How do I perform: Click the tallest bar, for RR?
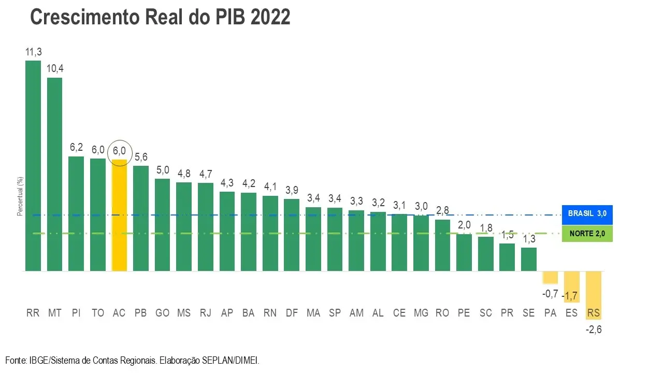(33, 166)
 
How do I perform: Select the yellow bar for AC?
(119, 215)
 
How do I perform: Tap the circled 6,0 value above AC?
(119, 151)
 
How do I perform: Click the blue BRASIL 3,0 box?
(587, 213)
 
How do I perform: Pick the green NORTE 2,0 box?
(587, 234)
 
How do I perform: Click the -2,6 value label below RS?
(594, 329)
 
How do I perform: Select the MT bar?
(54, 174)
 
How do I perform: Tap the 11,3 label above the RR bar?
(33, 52)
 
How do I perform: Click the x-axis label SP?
(335, 313)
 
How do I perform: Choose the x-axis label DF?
(292, 313)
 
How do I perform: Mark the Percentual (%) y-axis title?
(20, 196)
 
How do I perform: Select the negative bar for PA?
(550, 277)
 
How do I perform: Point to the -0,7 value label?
(550, 294)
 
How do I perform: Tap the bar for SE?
(529, 259)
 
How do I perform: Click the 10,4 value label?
(55, 69)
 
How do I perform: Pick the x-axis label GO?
(162, 313)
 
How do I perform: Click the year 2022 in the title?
(270, 17)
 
